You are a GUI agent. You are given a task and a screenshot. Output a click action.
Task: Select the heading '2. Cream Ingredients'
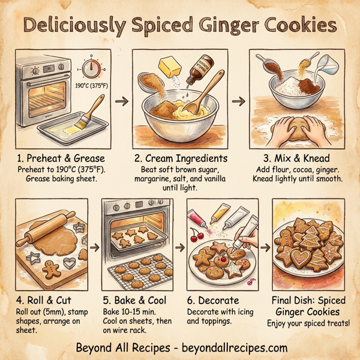pos(179,158)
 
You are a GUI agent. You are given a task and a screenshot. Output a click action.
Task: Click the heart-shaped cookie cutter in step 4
pos(71,263)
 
